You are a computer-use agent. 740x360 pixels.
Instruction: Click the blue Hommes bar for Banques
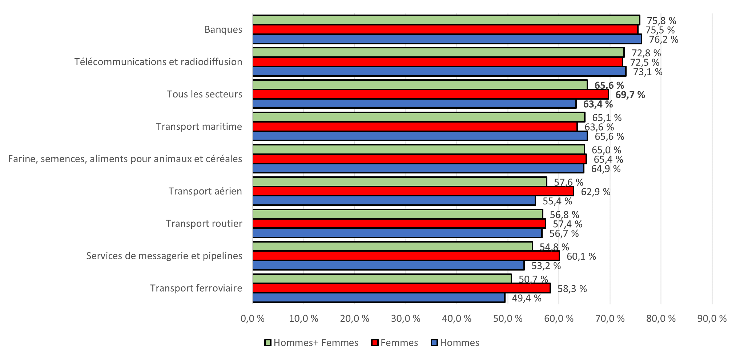coord(447,39)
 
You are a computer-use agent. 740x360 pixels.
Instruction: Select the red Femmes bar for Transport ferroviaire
coord(402,288)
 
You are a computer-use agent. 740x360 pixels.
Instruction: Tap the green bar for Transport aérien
coord(400,181)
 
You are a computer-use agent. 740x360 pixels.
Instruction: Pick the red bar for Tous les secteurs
coord(431,94)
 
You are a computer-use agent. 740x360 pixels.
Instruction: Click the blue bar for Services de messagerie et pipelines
coord(388,265)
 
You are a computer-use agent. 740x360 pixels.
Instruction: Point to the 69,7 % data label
coord(630,95)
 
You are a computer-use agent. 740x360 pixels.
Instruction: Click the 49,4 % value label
coord(527,298)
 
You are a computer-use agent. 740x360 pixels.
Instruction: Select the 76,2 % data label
coord(663,39)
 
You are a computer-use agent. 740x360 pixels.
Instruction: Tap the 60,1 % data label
coord(581,256)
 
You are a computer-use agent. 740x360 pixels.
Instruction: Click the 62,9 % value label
coord(595,192)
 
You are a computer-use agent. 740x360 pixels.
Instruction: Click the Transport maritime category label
coord(199,127)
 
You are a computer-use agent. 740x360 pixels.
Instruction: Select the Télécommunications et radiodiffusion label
coord(158,62)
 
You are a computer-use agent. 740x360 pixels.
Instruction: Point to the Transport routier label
coord(204,223)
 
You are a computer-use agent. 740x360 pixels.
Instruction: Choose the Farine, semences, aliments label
coord(125,159)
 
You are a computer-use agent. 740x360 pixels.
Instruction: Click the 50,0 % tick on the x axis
coord(507,319)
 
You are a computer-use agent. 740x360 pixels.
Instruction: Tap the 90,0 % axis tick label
coord(712,319)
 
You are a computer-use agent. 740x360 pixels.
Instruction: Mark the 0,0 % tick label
coord(252,319)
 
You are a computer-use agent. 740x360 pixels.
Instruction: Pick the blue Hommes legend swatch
coord(434,343)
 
